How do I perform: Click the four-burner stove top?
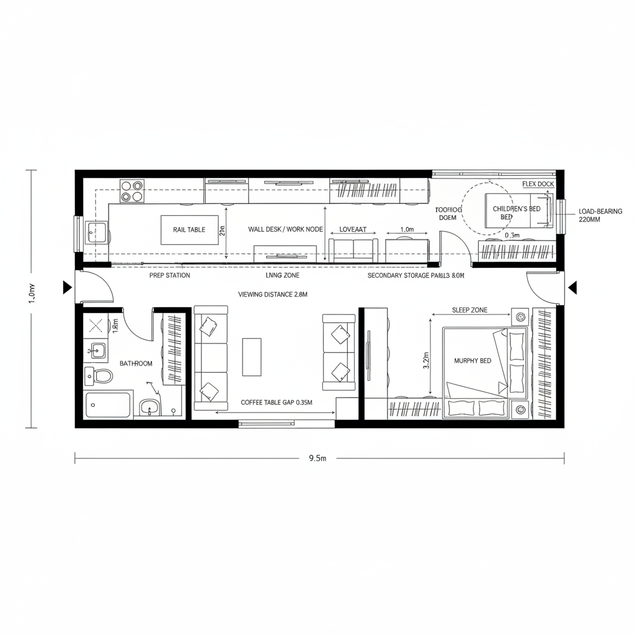coord(131,191)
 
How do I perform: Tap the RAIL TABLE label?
coord(189,229)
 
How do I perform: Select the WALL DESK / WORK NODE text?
coord(285,229)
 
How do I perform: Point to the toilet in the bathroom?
coord(100,376)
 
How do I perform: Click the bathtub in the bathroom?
coord(109,404)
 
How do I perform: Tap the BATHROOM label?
coord(136,363)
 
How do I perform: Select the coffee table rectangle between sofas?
coord(252,357)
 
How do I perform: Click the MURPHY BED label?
coord(473,360)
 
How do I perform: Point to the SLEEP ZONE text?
coord(469,310)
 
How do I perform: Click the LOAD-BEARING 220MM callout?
coord(600,215)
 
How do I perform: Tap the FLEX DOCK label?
coord(538,184)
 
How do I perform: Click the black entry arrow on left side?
coord(66,287)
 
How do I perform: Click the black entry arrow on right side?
coord(572,287)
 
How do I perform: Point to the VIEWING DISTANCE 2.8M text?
coord(273,295)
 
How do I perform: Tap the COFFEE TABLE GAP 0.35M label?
coord(277,402)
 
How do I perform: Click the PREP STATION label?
coord(170,275)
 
